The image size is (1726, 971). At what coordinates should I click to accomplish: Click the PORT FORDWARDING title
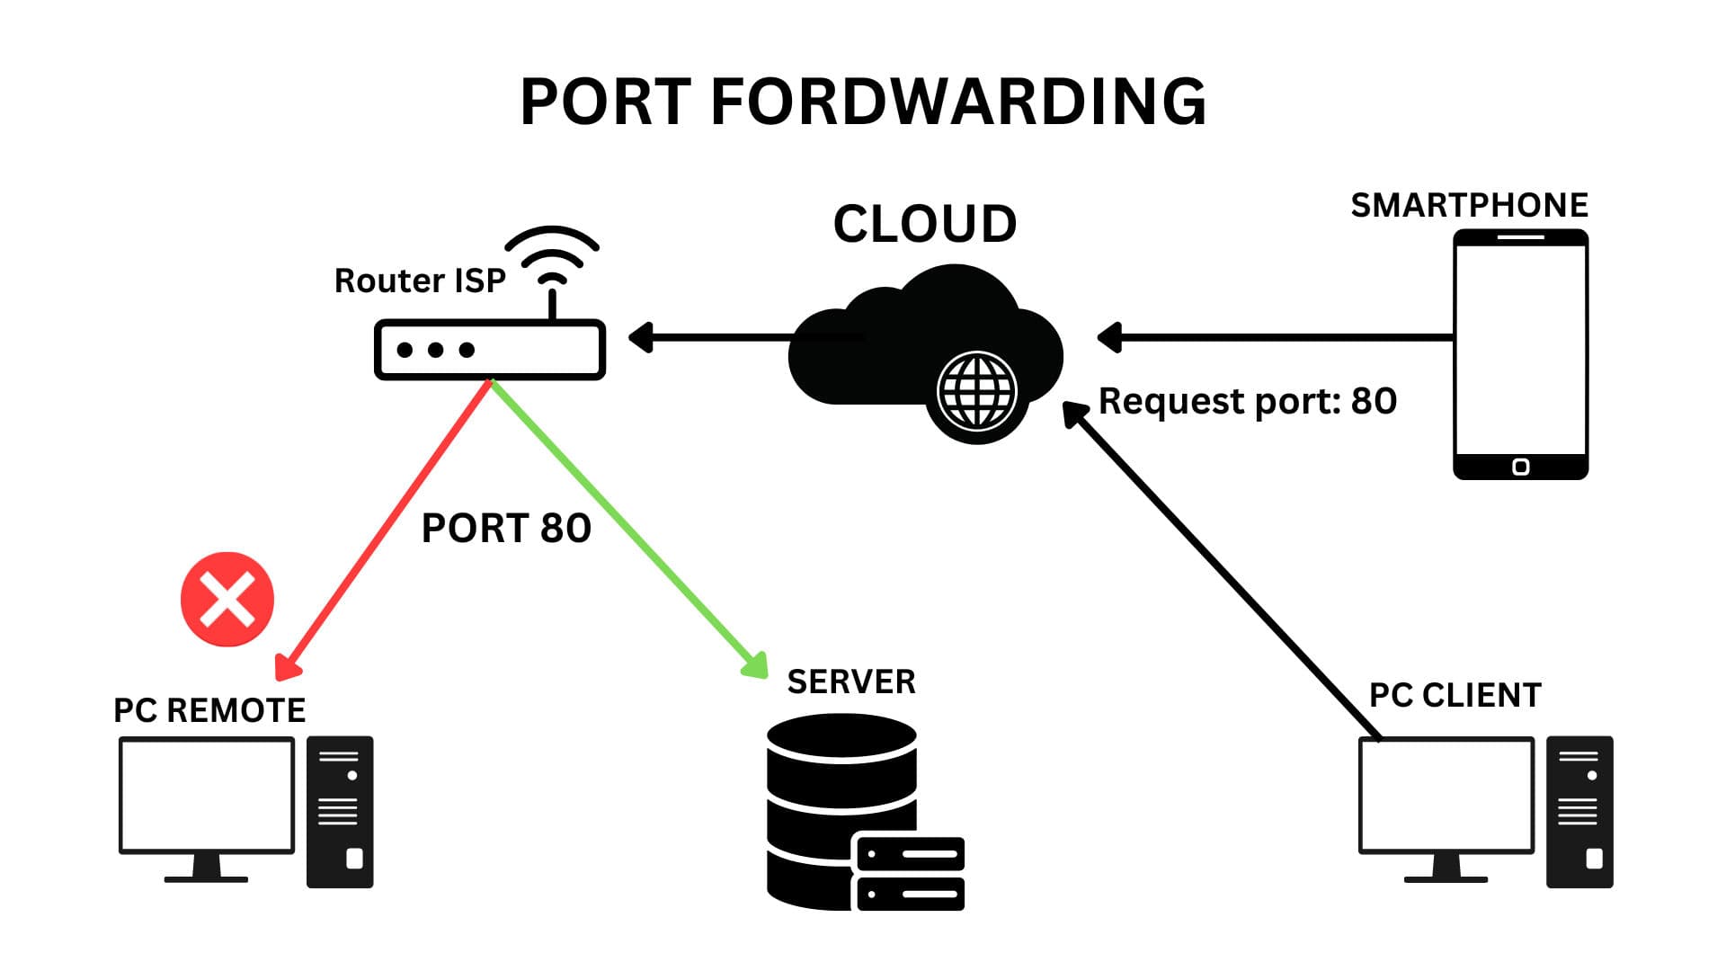pyautogui.click(x=863, y=101)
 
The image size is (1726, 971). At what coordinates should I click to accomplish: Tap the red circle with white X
pyautogui.click(x=227, y=600)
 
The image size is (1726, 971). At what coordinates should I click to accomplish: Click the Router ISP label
pyautogui.click(x=420, y=281)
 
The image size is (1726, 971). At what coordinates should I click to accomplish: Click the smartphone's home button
pyautogui.click(x=1520, y=467)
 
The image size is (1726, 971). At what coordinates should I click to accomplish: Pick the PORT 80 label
pyautogui.click(x=506, y=528)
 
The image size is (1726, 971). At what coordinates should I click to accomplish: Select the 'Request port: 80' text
pyautogui.click(x=1248, y=401)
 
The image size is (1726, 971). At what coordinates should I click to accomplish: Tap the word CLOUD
pyautogui.click(x=925, y=224)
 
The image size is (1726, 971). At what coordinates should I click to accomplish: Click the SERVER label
pyautogui.click(x=851, y=681)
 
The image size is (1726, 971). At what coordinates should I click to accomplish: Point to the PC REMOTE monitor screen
pyautogui.click(x=207, y=795)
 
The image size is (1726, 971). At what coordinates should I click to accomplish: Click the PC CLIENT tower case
pyautogui.click(x=1579, y=812)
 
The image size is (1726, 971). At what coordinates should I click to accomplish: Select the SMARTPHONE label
pyautogui.click(x=1469, y=205)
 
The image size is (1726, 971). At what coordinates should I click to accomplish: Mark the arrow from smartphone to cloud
pyautogui.click(x=1277, y=337)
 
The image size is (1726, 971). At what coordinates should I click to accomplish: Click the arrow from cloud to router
pyautogui.click(x=719, y=338)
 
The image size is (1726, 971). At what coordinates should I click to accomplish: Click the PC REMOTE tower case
pyautogui.click(x=340, y=812)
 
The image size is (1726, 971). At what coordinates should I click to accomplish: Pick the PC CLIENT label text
pyautogui.click(x=1455, y=695)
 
